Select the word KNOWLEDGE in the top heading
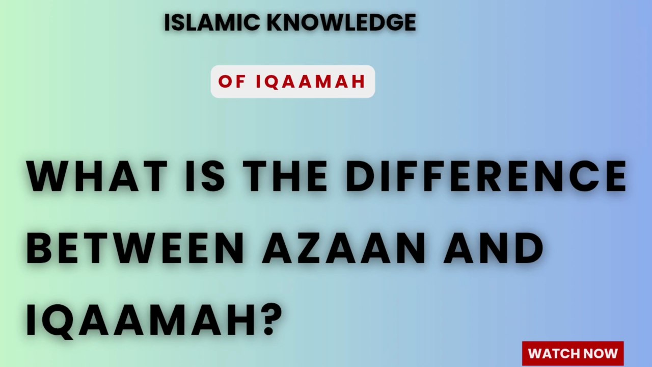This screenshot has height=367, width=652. [341, 23]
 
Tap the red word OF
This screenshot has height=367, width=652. [232, 82]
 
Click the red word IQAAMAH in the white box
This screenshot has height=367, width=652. [311, 82]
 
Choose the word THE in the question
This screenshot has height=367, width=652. [285, 176]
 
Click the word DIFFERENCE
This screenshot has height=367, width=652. [486, 176]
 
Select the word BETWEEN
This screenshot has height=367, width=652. [135, 249]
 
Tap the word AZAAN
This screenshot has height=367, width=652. [344, 249]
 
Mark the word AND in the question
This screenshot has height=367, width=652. [493, 249]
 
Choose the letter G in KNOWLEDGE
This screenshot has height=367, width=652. [390, 23]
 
